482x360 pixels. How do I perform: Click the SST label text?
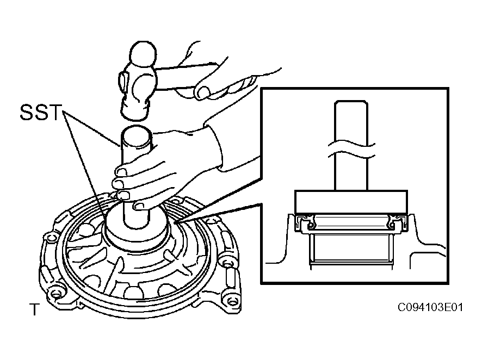pos(41,112)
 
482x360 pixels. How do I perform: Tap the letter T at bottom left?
pos(34,309)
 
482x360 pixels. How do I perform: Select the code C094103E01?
pos(430,307)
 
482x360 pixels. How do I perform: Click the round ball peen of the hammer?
pos(143,54)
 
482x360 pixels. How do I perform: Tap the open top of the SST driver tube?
pos(137,133)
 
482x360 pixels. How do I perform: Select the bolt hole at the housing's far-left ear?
pos(49,238)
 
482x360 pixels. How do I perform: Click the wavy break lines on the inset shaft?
pos(351,149)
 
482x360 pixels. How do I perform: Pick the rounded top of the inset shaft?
pos(351,103)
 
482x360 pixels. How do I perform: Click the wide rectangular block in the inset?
pos(351,202)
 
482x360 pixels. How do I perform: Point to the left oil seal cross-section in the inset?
pos(305,223)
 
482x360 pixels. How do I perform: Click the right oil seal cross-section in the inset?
pos(397,223)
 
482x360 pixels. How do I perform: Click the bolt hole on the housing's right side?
pos(227,264)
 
